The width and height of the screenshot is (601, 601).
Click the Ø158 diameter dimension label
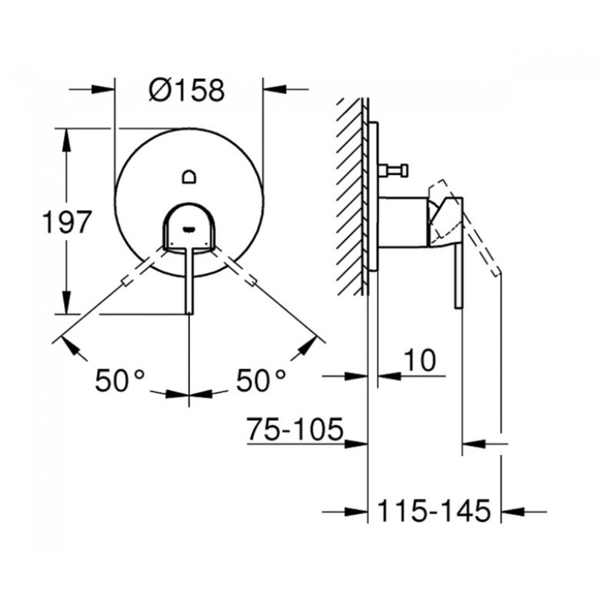coord(186,90)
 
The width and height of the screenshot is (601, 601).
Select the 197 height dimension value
coord(67,222)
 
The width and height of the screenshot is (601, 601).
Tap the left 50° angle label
coord(119,380)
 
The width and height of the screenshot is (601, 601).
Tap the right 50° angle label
coord(261,380)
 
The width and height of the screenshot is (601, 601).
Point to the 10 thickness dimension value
coord(421,361)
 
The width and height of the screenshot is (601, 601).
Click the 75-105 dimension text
coord(294,429)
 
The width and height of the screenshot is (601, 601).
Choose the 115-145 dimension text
coord(434,511)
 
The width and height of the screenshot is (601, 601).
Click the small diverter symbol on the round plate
coord(189,177)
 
